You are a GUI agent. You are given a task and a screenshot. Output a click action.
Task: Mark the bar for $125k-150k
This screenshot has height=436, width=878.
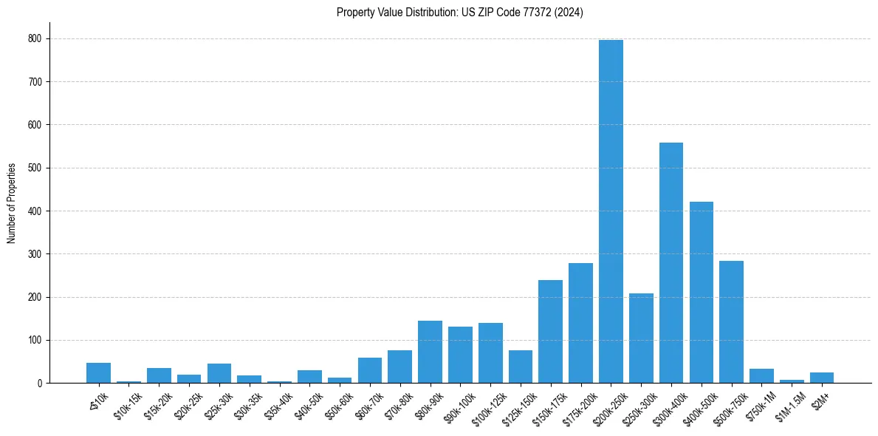click(520, 367)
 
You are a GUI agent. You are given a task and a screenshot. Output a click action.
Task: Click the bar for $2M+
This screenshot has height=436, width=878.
click(821, 378)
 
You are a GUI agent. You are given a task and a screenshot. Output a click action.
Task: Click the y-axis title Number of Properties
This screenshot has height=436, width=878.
click(11, 203)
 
